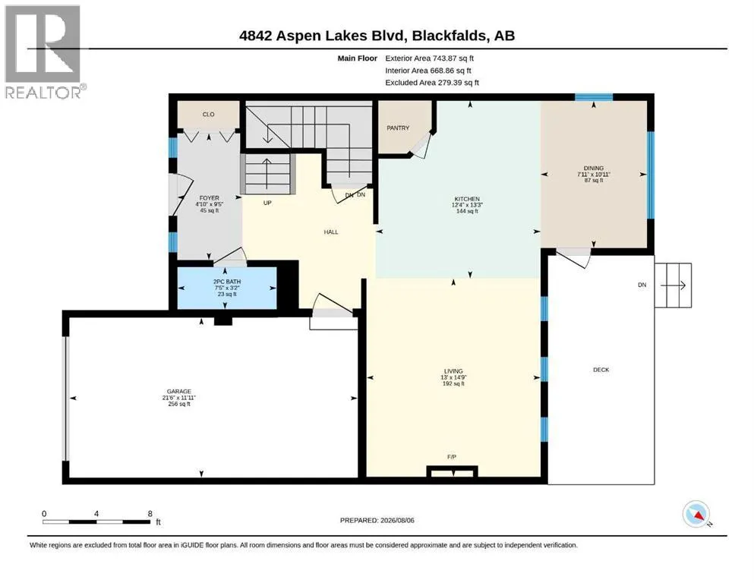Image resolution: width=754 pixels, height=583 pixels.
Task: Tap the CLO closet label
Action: click(x=208, y=115)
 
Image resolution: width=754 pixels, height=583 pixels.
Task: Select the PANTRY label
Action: click(x=398, y=128)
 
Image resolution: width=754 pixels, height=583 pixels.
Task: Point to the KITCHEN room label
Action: click(x=467, y=199)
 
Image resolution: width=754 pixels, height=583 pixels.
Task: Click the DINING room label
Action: click(x=593, y=169)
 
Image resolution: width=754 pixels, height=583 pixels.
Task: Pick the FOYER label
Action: click(x=209, y=198)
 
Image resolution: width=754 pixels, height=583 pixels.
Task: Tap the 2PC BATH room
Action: click(x=227, y=288)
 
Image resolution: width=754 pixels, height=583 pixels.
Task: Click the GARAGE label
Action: click(x=179, y=392)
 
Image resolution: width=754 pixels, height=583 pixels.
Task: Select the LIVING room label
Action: click(x=453, y=371)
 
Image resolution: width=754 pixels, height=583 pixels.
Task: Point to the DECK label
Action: click(x=601, y=370)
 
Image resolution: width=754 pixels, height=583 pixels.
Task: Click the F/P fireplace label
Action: click(x=452, y=457)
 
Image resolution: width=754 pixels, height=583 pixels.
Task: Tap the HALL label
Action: click(x=331, y=232)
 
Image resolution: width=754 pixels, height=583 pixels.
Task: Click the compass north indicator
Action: click(x=696, y=514)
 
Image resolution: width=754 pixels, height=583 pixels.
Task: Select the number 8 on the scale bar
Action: click(x=150, y=514)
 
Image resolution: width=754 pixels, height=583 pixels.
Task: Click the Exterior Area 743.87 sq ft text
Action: click(x=430, y=58)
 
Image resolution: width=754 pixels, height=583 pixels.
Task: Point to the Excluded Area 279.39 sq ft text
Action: click(x=432, y=83)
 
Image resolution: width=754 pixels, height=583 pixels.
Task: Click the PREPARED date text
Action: click(x=377, y=520)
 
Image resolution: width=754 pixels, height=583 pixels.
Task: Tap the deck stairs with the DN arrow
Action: click(x=674, y=285)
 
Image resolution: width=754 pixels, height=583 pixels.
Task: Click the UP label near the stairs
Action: click(x=267, y=203)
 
